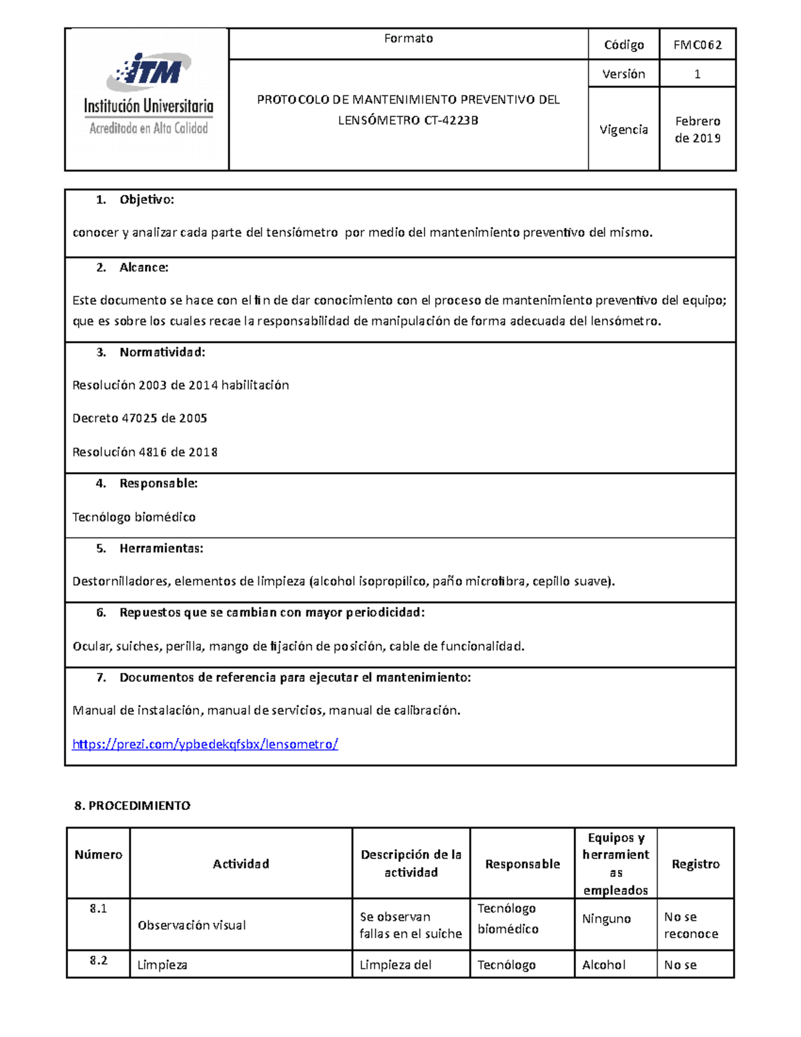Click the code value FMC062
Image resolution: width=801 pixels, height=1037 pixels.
[697, 45]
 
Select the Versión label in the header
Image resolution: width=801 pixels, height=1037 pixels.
[623, 74]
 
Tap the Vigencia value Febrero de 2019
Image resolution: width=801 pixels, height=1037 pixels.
[697, 130]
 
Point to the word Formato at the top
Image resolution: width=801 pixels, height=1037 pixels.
[409, 39]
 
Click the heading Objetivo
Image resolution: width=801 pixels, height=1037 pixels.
[146, 200]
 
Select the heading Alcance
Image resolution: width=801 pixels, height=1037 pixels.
[144, 268]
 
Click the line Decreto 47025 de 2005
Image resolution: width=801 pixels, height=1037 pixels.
[140, 419]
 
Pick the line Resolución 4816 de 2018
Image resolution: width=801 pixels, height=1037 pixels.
[145, 452]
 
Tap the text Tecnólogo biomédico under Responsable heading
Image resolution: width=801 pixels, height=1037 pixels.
[133, 517]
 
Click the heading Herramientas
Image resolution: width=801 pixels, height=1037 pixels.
[161, 549]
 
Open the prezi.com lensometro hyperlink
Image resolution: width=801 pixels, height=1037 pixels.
[205, 744]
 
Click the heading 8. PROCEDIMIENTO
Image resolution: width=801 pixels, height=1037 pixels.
[132, 806]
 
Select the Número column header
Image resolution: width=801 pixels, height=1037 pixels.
[98, 855]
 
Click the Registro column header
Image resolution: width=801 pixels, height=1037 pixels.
[696, 864]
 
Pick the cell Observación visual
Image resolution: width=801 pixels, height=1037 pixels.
[192, 925]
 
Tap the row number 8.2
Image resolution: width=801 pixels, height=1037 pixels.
[98, 960]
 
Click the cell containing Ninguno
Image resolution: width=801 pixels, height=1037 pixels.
[606, 919]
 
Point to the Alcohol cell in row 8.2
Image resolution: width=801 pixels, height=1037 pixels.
[603, 965]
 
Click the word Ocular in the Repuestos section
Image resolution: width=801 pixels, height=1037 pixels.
[92, 646]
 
